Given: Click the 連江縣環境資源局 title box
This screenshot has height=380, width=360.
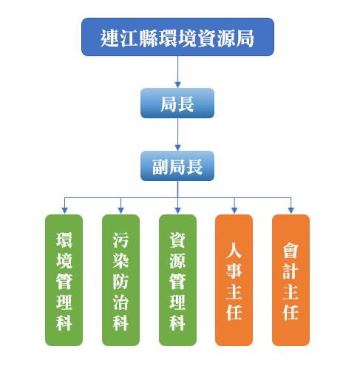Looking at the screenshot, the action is pos(177,37).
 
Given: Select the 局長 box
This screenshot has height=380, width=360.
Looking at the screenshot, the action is pos(177,103).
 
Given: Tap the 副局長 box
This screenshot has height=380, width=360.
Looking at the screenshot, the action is pos(177,166).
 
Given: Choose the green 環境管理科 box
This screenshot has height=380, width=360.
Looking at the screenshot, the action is pos(64,280).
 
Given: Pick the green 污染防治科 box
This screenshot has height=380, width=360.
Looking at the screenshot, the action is pos(120,280).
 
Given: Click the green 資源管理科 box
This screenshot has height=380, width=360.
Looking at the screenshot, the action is pos(177,280).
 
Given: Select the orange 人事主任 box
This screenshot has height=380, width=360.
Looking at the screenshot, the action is pos(234,280).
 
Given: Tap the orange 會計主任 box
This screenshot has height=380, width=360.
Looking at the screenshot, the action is pos(291,280).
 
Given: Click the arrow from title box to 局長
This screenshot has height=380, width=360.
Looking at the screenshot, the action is pos(177,72).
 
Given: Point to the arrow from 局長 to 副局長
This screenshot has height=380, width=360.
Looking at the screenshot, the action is pos(177,135).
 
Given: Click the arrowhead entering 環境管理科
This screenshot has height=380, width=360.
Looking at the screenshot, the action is pos(64,211).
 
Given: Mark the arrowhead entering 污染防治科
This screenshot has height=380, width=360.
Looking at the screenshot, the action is pos(120,211).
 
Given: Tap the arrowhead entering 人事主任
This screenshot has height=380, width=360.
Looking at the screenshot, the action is pos(234,211).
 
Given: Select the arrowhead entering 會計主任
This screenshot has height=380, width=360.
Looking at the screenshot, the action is pos(291,211).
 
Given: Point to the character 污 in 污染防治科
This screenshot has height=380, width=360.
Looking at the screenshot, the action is pos(120,240).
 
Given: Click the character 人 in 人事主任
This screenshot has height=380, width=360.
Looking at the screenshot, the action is pos(234,251).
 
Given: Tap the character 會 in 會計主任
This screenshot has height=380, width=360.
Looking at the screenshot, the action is pos(291,251).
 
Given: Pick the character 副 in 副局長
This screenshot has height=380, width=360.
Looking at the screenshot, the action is pos(160,167).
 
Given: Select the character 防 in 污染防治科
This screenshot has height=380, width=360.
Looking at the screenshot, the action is pos(120,281).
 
